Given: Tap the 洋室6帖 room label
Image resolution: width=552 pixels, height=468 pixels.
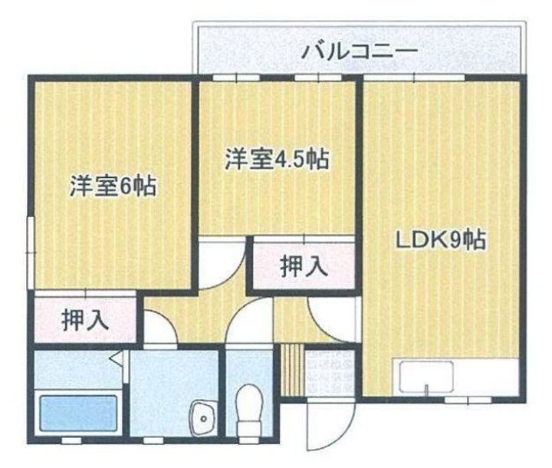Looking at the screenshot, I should click(x=113, y=186).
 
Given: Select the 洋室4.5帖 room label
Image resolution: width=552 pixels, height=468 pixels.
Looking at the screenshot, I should click(x=277, y=160).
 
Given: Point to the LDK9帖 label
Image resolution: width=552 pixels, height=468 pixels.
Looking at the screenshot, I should click(x=439, y=242).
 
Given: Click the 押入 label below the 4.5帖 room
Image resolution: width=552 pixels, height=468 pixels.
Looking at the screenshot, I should click(x=304, y=266).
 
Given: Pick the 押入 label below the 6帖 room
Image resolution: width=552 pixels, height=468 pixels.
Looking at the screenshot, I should click(x=85, y=319).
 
